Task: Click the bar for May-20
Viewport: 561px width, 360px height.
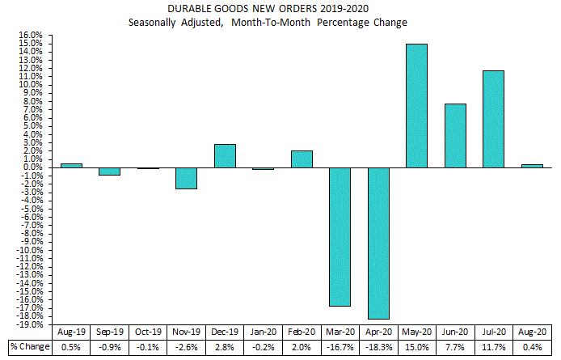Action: coord(416,106)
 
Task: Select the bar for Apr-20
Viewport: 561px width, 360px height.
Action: coord(378,243)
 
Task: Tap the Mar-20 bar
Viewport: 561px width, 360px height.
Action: coord(339,236)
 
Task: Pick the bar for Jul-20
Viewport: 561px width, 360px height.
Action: coord(493,119)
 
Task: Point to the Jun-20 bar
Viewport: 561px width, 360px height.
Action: coord(454,136)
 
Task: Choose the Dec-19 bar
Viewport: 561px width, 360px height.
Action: coord(225,156)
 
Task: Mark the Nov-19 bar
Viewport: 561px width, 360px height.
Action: coord(186,178)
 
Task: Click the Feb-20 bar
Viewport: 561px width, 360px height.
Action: coord(302,159)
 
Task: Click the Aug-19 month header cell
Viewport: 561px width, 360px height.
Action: coord(71,332)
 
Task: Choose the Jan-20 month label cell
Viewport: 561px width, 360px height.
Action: coord(264,332)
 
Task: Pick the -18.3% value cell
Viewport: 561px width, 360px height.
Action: coord(378,346)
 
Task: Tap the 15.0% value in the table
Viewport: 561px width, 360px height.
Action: coord(417,346)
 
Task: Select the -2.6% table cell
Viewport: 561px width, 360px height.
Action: coord(186,346)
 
